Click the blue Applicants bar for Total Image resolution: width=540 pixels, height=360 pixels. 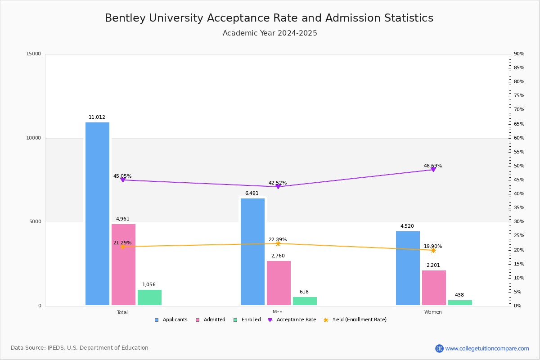(97, 214)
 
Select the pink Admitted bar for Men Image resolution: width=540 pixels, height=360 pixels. (279, 283)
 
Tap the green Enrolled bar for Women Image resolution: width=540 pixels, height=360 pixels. (460, 303)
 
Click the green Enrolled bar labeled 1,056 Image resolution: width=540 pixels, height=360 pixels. (149, 297)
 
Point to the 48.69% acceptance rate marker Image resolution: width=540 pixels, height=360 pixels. (433, 170)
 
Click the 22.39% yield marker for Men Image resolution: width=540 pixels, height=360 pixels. (278, 243)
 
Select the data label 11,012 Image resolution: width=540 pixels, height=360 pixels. (97, 117)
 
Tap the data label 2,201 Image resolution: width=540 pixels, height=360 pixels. (433, 265)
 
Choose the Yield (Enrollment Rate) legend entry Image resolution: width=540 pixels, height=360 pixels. (355, 320)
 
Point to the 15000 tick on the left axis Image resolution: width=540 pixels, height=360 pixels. (34, 54)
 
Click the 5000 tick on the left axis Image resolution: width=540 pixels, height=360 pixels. (35, 222)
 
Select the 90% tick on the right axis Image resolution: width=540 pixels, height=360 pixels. (519, 54)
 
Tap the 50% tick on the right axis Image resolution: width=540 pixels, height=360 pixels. (519, 166)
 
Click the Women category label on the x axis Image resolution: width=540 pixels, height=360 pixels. (433, 312)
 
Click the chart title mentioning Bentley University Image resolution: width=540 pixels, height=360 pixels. (269, 18)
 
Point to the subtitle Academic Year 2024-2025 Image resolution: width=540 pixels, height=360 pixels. (270, 33)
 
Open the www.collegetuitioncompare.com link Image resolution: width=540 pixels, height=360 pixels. (487, 348)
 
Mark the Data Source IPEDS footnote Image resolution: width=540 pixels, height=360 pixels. (80, 348)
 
